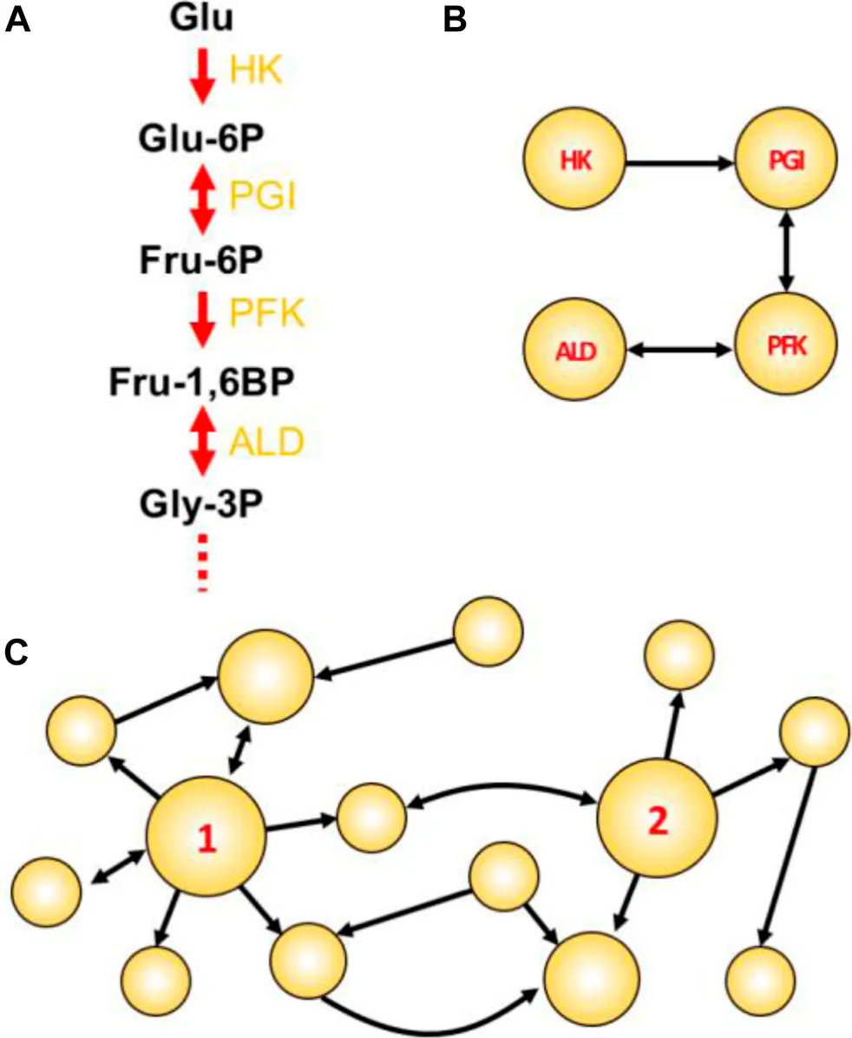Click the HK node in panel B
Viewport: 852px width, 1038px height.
[x=574, y=160]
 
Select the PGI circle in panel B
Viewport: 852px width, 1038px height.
[x=786, y=160]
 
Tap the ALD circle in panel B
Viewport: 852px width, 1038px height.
[x=574, y=349]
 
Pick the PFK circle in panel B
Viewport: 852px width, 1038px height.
[x=786, y=345]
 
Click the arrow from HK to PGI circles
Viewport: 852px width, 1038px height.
[x=681, y=161]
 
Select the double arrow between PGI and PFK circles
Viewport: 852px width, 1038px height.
[x=786, y=253]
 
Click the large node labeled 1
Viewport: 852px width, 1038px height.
[x=206, y=836]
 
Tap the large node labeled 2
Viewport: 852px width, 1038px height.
[x=657, y=818]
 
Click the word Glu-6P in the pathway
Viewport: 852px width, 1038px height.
[x=201, y=140]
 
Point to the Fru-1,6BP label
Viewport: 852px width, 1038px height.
[x=201, y=383]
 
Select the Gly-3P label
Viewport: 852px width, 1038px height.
[x=201, y=504]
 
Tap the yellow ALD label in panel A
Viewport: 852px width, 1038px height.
[x=266, y=442]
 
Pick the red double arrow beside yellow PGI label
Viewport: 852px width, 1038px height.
[x=202, y=198]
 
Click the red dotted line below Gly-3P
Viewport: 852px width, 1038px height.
[x=202, y=562]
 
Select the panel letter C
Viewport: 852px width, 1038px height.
[x=16, y=653]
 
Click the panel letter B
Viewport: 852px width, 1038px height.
[x=454, y=20]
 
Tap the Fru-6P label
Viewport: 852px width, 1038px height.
[x=201, y=261]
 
